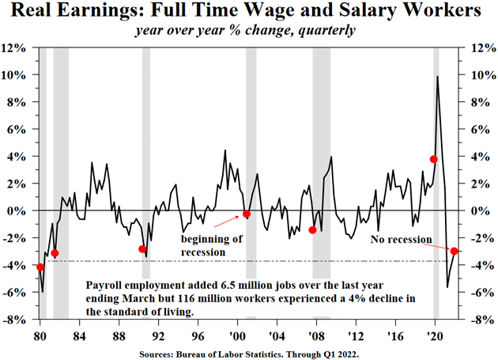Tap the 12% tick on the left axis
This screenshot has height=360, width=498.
tap(17, 47)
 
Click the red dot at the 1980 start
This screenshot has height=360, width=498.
tap(40, 267)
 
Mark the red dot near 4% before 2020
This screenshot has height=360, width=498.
tap(433, 159)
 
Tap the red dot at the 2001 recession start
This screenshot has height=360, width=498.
tap(247, 214)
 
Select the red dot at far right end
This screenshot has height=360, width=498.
tap(454, 251)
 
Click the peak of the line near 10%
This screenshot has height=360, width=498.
tap(438, 77)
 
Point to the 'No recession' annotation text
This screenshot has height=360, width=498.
tap(402, 239)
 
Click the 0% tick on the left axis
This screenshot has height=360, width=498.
tap(19, 210)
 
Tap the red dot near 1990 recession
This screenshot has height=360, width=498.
tap(142, 249)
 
